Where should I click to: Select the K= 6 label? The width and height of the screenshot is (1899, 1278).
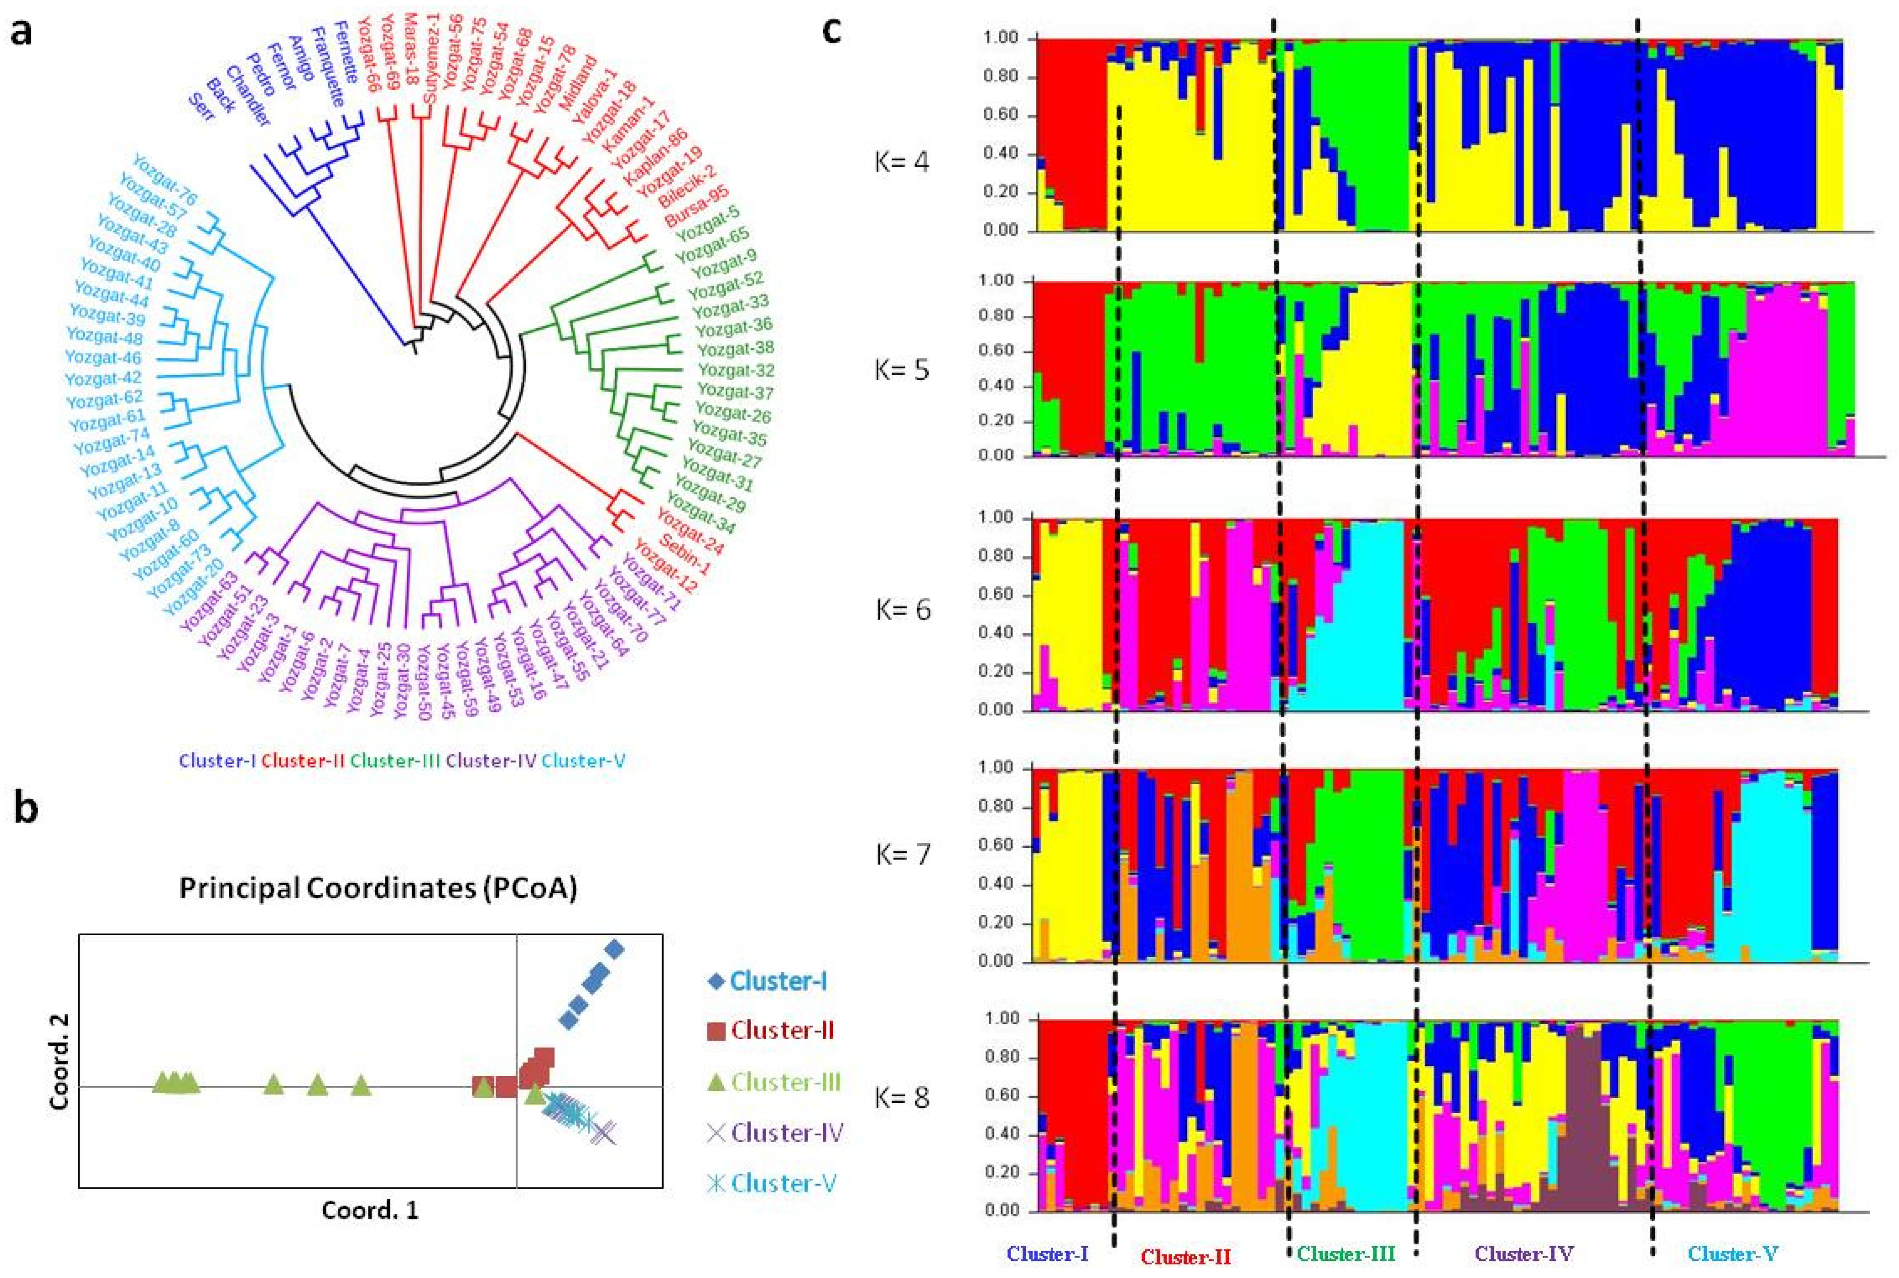click(902, 609)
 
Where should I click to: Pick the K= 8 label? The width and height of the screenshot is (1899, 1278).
click(902, 1097)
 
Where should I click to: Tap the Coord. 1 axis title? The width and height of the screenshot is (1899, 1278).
click(370, 1233)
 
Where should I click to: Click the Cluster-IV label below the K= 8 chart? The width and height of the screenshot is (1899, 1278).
click(1523, 1254)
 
